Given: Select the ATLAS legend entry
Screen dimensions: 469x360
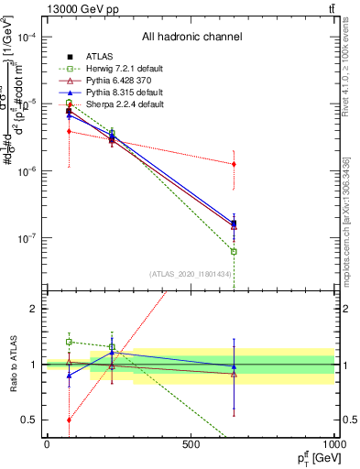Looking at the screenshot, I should coord(99,57).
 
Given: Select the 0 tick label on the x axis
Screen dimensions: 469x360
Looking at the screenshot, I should coord(47,444).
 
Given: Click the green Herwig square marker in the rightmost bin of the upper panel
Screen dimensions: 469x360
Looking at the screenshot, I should coord(234,251).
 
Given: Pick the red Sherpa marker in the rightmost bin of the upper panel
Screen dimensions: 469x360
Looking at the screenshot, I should coord(234,164).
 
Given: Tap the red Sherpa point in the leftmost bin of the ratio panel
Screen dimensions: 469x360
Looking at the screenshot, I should coord(69,420).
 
